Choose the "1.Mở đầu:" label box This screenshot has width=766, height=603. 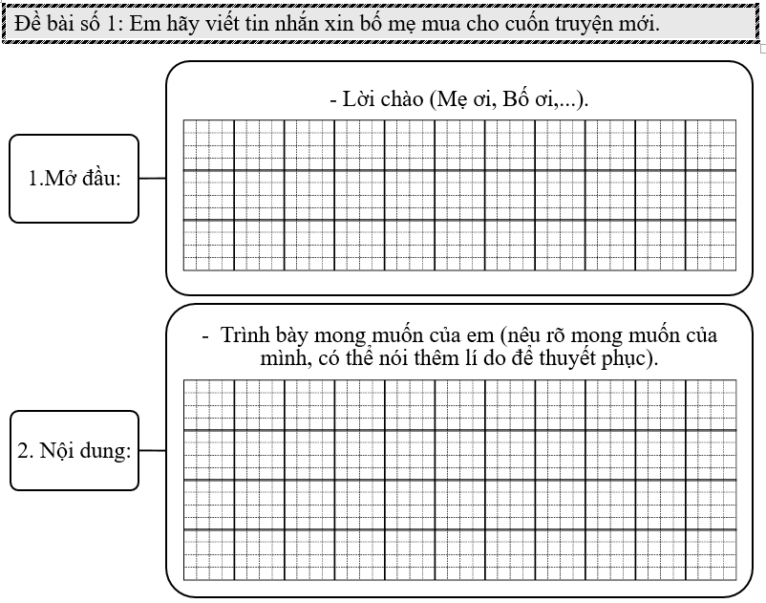[74, 179]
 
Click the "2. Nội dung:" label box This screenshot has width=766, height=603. [74, 450]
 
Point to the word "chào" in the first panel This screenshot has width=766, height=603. [403, 100]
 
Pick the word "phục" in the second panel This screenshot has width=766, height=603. [631, 358]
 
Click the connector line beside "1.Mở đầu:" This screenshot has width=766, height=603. [152, 178]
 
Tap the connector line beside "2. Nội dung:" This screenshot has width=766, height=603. [152, 449]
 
